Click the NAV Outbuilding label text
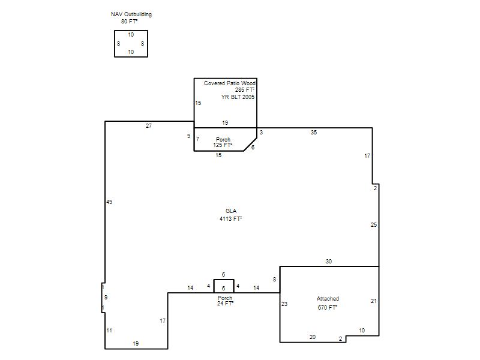click(x=131, y=14)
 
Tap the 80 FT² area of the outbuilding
click(x=129, y=22)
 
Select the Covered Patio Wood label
click(x=230, y=83)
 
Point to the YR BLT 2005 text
click(x=238, y=97)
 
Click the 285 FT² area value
click(x=245, y=89)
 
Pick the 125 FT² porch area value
click(x=223, y=145)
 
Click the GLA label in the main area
click(x=231, y=211)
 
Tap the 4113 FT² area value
click(x=230, y=218)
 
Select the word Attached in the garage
click(x=328, y=298)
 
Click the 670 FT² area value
click(x=327, y=307)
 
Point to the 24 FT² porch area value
click(x=226, y=304)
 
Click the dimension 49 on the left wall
click(x=109, y=202)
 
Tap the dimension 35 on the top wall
click(x=314, y=133)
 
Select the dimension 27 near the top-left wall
click(x=149, y=126)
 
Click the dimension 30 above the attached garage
click(x=328, y=262)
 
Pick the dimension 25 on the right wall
click(x=374, y=224)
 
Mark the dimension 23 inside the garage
click(x=284, y=304)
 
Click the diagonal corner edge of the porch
click(x=250, y=144)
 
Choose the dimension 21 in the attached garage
click(x=373, y=301)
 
